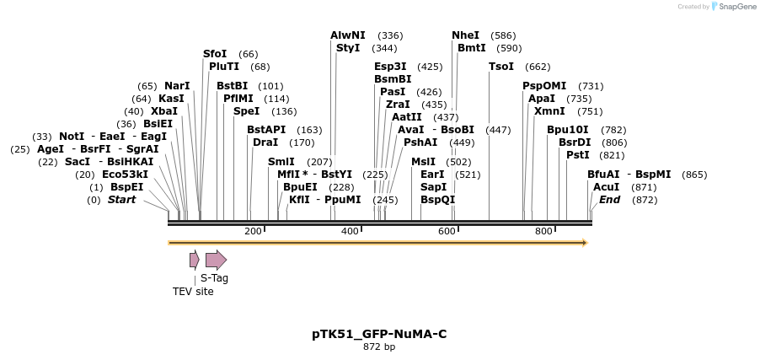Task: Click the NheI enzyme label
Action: (x=465, y=35)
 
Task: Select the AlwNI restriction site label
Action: (x=348, y=35)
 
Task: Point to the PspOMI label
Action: (x=544, y=86)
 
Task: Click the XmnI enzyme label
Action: (x=549, y=111)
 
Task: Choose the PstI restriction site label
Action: (x=577, y=155)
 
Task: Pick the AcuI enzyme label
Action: (x=606, y=187)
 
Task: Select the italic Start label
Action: (x=121, y=200)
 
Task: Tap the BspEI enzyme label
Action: (x=127, y=187)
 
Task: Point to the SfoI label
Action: (x=215, y=54)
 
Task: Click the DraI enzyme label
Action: (x=265, y=142)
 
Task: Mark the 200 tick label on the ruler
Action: (x=253, y=232)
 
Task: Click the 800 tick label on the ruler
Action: (x=543, y=232)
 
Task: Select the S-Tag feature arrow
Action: (x=216, y=260)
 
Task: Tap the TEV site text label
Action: (x=193, y=292)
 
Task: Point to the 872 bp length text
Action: (x=379, y=347)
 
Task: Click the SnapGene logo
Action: (x=733, y=7)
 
